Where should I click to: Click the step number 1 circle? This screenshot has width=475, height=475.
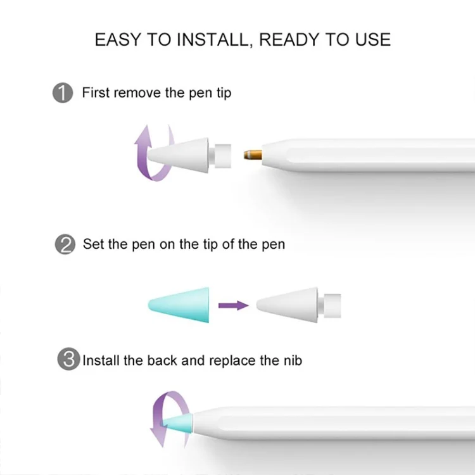click(x=63, y=92)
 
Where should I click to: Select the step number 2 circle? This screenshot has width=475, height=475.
click(x=65, y=244)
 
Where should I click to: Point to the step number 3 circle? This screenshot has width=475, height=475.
click(x=68, y=358)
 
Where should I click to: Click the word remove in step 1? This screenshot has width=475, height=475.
click(x=137, y=92)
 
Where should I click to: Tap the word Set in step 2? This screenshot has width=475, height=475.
click(x=94, y=244)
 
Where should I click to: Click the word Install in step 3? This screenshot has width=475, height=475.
click(x=101, y=360)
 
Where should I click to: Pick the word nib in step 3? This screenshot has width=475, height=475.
click(x=293, y=360)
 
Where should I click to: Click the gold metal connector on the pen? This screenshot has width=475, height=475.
click(x=253, y=155)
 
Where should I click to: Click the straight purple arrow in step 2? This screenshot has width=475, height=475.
click(x=234, y=305)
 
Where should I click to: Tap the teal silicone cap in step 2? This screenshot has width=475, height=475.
click(x=179, y=305)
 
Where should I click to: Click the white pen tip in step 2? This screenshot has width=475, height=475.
click(x=299, y=305)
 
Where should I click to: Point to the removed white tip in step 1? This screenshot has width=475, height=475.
click(x=189, y=156)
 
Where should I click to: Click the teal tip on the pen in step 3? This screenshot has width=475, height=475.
click(x=178, y=422)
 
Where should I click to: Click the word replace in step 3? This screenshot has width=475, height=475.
click(x=232, y=361)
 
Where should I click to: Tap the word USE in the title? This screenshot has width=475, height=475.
click(x=372, y=39)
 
